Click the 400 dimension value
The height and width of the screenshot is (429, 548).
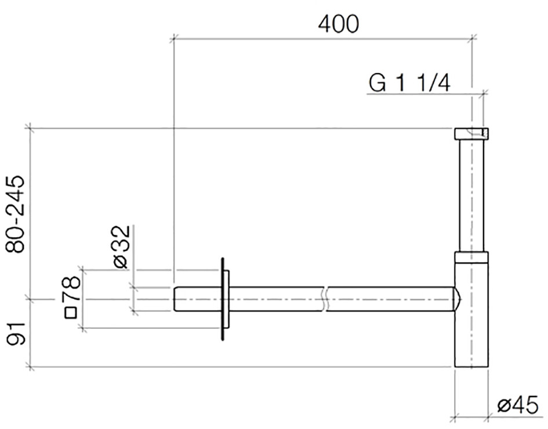coord(338,24)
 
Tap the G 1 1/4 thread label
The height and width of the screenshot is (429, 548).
coord(409,83)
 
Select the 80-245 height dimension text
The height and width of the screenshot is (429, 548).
coord(16,214)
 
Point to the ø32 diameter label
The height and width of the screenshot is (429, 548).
coord(122,246)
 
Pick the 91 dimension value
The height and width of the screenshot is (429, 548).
coord(16,334)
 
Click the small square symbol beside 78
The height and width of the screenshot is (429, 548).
coord(71,312)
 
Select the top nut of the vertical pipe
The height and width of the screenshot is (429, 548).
coord(471,134)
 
